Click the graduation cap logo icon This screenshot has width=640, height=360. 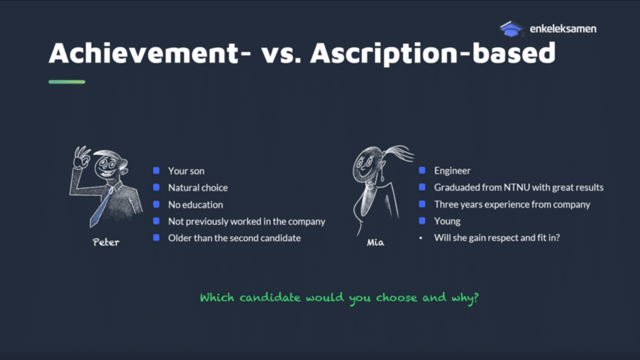click(x=511, y=29)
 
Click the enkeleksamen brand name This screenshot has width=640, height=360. click(x=563, y=29)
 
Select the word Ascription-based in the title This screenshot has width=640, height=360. click(x=433, y=54)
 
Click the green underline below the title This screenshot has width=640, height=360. click(x=67, y=82)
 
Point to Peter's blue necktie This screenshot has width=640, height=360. click(x=101, y=208)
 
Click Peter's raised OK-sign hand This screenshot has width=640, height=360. click(x=81, y=157)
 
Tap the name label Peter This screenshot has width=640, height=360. click(x=106, y=242)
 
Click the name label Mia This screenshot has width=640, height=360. click(x=375, y=242)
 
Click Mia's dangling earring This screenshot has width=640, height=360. click(x=382, y=176)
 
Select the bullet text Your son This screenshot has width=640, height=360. click(x=186, y=171)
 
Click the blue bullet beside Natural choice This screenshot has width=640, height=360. click(x=156, y=187)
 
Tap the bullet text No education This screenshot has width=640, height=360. click(x=196, y=204)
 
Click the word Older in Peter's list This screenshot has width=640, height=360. click(x=179, y=238)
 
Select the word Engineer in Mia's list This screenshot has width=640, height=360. click(x=452, y=171)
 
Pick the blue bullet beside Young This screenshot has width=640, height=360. click(x=422, y=221)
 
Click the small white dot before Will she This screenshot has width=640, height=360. click(x=421, y=238)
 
